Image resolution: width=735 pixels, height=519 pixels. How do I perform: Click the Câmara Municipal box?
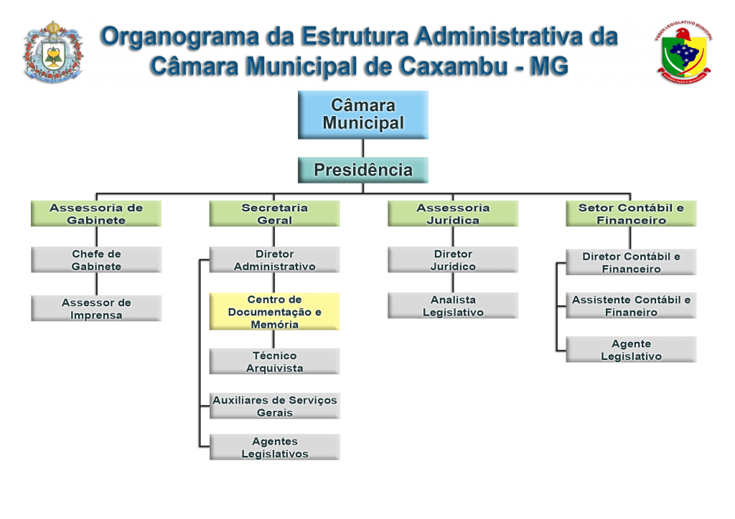[363, 115]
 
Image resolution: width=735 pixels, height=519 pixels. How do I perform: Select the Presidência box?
[363, 170]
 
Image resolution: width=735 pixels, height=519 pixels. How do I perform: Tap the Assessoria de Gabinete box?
[96, 214]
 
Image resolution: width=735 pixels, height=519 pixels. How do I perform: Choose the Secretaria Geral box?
[274, 214]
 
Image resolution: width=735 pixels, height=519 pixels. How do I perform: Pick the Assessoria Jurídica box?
[453, 214]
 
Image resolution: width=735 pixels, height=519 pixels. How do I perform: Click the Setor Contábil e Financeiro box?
[631, 214]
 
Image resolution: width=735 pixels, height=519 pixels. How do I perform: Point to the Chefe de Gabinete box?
[96, 259]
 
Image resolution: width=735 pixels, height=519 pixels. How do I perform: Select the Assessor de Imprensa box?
[96, 308]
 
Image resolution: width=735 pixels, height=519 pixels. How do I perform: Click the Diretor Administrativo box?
[274, 259]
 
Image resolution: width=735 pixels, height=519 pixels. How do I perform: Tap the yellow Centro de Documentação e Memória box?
[274, 312]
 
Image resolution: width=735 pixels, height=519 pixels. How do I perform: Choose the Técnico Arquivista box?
[274, 361]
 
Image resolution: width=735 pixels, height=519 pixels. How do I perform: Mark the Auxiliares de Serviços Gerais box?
[274, 406]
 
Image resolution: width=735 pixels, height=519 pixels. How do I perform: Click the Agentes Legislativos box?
[274, 447]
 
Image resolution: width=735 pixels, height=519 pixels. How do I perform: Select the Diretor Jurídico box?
[453, 259]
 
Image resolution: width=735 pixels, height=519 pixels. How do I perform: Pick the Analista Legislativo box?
[453, 305]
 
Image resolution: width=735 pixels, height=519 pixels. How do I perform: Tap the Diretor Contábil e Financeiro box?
[631, 262]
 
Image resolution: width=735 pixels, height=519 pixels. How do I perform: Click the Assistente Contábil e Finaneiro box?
[631, 306]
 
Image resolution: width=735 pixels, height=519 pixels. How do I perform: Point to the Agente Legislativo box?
[631, 350]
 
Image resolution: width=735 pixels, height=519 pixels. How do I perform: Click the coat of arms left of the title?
[53, 52]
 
